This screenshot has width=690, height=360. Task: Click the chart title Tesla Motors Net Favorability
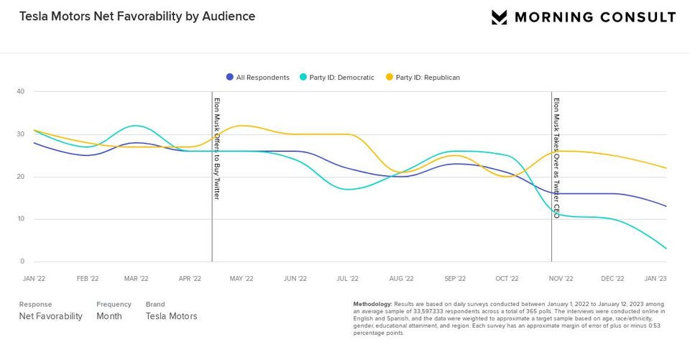pos(137,16)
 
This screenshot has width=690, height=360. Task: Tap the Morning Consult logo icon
pos(500,17)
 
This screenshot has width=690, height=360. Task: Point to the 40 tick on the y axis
pos(21,91)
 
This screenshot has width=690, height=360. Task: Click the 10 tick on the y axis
pos(21,219)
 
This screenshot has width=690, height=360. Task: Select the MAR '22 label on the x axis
pos(136,278)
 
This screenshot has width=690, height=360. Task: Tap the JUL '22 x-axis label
pos(348,278)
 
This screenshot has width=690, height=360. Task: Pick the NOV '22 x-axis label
pos(561,278)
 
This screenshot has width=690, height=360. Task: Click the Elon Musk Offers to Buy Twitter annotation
pos(217,148)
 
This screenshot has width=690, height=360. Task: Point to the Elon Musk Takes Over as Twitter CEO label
pos(556,158)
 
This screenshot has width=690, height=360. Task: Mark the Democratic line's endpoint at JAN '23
pos(666,249)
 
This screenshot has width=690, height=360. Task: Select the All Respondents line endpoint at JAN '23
pos(666,206)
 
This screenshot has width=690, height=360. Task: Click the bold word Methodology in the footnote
pos(372,304)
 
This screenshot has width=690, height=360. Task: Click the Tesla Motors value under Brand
pos(171,316)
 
